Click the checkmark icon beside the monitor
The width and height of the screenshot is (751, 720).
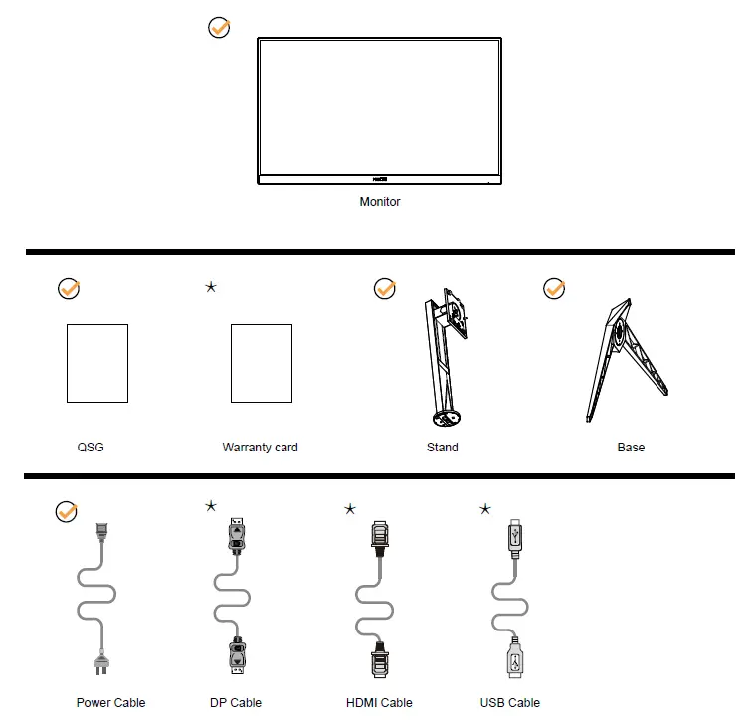coord(219,28)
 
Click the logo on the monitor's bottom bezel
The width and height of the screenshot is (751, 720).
coord(379,180)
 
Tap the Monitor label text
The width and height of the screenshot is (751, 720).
coord(380,202)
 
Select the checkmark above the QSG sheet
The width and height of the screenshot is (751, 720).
coord(69,289)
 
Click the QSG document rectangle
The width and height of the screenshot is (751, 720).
coord(97,363)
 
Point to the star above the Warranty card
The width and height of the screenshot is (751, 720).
coord(211,287)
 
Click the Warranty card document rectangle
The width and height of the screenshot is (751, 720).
coord(261,363)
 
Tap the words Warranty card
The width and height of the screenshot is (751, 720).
coord(261,448)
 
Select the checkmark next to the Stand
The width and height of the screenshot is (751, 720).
coord(384,289)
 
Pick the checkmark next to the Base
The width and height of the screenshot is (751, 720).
coord(554,289)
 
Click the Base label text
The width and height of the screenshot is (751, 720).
coord(631,448)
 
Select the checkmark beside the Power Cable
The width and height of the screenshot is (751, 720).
coord(67,512)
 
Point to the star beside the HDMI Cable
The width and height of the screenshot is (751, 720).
coord(350,509)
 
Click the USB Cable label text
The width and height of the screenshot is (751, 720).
coord(510,703)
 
